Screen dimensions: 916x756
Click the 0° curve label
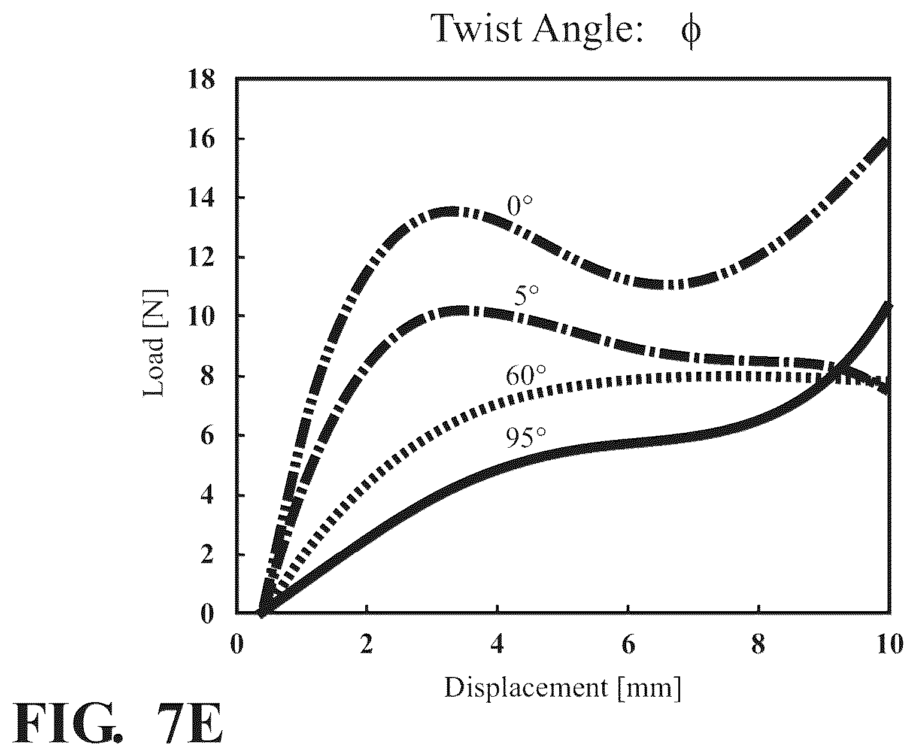(520, 206)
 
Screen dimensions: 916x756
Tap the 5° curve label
(526, 295)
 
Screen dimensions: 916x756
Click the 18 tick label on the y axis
(202, 80)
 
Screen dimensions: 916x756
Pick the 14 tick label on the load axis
(202, 199)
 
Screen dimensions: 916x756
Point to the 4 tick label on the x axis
(497, 644)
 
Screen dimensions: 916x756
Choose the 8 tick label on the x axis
(758, 644)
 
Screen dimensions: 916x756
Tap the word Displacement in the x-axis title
(526, 688)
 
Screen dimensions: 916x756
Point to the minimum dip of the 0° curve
(667, 284)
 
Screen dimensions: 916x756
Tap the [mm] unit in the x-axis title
(649, 688)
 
